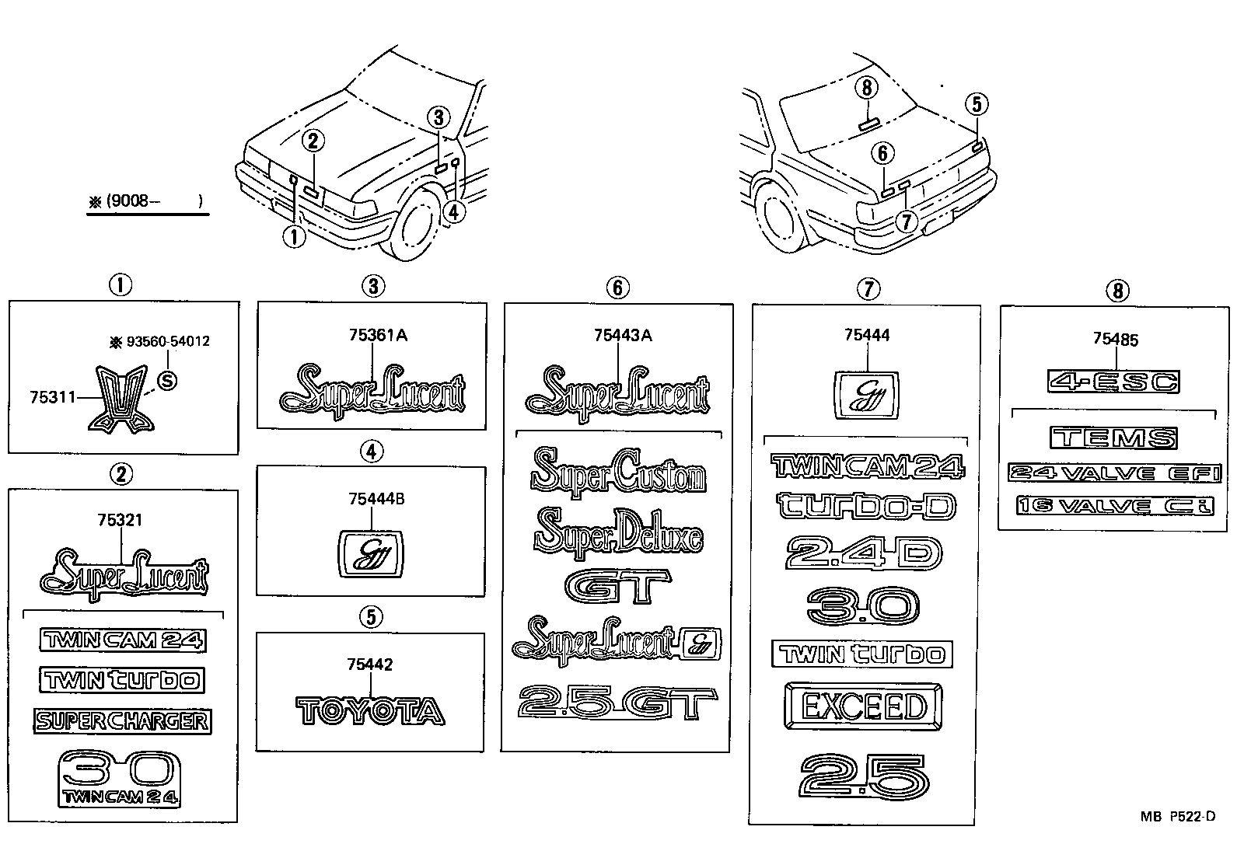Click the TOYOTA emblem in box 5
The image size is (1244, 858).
click(371, 711)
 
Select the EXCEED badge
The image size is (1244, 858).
click(862, 706)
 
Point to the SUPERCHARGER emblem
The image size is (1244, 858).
click(122, 721)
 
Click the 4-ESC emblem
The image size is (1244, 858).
click(1113, 382)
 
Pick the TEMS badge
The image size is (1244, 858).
click(1113, 438)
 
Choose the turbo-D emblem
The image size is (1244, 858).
click(866, 506)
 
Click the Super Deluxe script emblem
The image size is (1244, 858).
click(618, 533)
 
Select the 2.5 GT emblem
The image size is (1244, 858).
click(617, 704)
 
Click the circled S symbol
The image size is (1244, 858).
click(166, 380)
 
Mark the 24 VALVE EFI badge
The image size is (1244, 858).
click(1114, 473)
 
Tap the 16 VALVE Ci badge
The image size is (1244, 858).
click(1114, 506)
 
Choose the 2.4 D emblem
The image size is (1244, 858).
click(864, 554)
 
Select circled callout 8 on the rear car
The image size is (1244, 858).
click(868, 88)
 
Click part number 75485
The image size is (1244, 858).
click(1116, 339)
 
